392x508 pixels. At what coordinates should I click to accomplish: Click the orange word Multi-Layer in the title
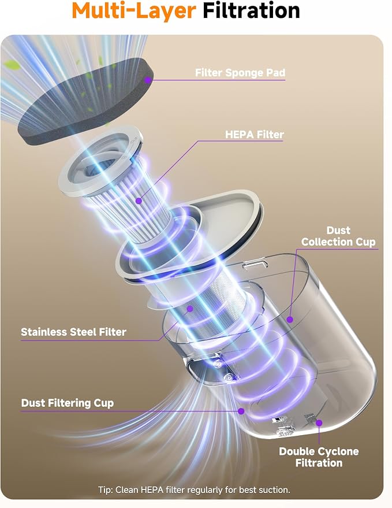tap(134, 11)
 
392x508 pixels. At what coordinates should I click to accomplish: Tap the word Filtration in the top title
tap(251, 10)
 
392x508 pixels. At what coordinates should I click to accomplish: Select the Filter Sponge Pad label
tap(240, 73)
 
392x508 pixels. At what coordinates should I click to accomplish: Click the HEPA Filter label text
tap(255, 135)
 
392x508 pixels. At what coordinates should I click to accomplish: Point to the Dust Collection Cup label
tap(338, 236)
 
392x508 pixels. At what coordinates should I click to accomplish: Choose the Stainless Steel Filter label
tap(73, 332)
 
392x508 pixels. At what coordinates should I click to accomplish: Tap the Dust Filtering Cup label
tap(68, 403)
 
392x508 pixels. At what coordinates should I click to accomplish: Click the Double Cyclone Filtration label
tap(319, 457)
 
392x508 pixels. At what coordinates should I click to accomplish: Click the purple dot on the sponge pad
tap(148, 80)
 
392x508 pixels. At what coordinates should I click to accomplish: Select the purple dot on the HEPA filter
tap(139, 201)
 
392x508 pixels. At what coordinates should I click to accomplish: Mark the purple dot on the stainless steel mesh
tap(190, 309)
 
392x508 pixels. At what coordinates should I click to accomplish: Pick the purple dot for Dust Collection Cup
tap(290, 320)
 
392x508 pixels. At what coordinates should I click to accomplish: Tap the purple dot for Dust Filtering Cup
tap(241, 411)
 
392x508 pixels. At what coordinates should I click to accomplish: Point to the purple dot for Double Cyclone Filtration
tap(319, 423)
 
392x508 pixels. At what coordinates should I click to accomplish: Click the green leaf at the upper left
tap(12, 65)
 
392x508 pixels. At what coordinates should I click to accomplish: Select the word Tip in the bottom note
tap(104, 490)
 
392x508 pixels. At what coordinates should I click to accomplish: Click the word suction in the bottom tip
tap(277, 490)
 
